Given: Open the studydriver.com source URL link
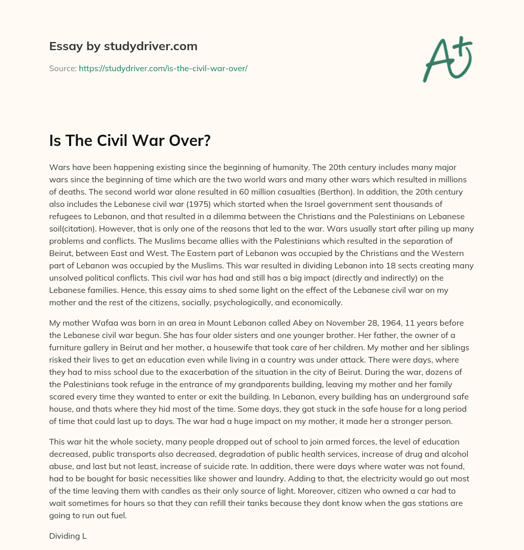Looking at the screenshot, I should [x=163, y=68].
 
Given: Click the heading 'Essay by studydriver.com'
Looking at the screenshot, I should [x=123, y=46].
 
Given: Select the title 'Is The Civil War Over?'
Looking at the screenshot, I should [x=130, y=140].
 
